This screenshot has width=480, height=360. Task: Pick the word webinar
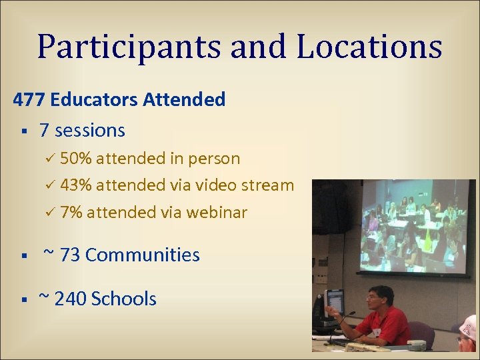pos(217,213)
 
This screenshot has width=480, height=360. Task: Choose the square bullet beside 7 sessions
pos(23,131)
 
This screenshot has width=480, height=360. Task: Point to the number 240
pos(70,299)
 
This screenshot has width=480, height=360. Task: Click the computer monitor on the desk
pos(333,303)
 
